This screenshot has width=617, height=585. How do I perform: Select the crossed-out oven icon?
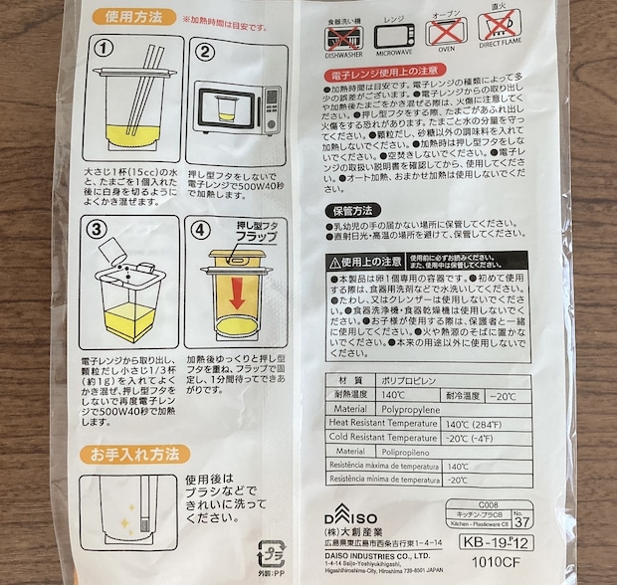click(443, 34)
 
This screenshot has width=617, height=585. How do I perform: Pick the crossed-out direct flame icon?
click(499, 34)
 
